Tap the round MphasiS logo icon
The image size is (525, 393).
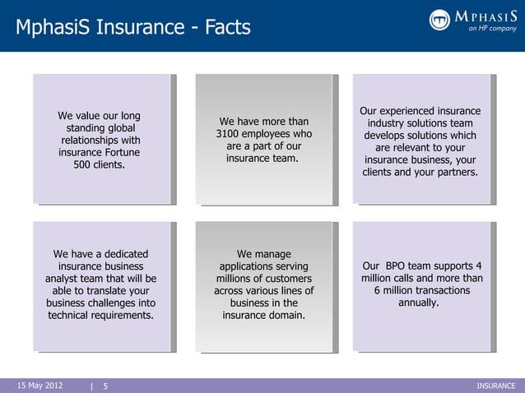pos(440,20)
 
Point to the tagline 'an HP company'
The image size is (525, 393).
pos(492,28)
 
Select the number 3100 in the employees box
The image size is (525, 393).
pos(230,134)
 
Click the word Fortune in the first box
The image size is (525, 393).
pos(118,152)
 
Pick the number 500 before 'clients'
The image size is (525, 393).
pos(85,164)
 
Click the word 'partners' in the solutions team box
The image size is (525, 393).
pos(453,173)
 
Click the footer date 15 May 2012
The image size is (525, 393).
pos(39,385)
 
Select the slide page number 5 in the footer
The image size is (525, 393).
pos(105,385)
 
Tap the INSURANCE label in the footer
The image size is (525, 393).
pos(495,385)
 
